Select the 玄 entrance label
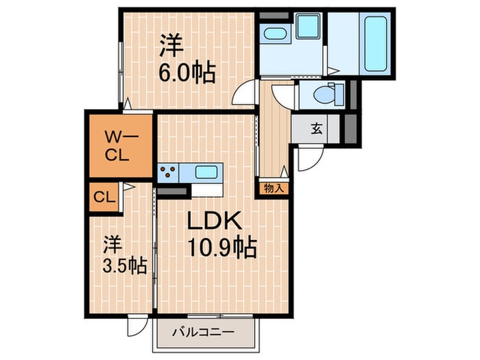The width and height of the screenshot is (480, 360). coord(317,128)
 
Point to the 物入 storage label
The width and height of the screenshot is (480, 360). coord(274,187)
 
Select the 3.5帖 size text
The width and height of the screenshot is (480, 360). coord(125,265)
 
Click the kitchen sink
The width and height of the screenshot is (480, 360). coord(206,171)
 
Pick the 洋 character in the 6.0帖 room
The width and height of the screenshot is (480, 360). coord(171,46)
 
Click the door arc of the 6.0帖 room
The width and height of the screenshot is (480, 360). coord(246,93)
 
